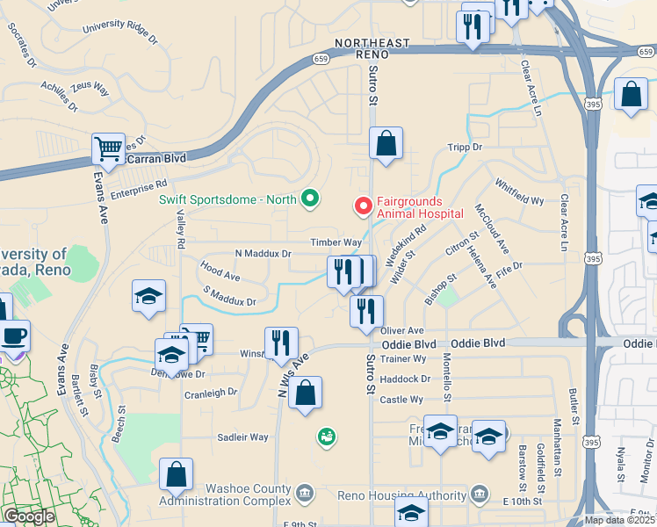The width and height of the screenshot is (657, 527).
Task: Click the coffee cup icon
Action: point(13,336)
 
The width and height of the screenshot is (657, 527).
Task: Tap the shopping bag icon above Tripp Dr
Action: point(386,143)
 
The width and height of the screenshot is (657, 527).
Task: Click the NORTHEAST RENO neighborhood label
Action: point(372,48)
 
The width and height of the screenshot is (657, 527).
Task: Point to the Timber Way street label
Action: point(336,242)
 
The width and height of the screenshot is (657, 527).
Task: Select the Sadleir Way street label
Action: point(242,437)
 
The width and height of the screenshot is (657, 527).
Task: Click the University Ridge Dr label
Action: point(120,33)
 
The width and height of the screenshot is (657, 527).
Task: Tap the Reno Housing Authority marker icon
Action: point(480,494)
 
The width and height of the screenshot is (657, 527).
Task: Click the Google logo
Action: point(29,516)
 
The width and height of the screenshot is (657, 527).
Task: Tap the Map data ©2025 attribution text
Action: point(619,520)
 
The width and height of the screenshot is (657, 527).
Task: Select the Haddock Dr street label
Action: point(407,379)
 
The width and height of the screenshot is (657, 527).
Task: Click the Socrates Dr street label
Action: point(21,44)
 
